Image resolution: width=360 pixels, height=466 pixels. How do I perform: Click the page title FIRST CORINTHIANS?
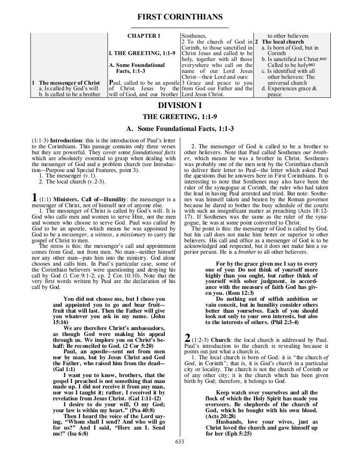click(180, 17)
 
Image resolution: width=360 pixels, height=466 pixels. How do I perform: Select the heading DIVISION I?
click(180, 105)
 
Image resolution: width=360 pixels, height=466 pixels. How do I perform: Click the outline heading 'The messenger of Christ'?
click(69, 83)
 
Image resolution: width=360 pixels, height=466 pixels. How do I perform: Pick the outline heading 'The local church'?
click(282, 42)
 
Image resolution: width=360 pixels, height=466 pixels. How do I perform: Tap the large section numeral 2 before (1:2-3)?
click(187, 338)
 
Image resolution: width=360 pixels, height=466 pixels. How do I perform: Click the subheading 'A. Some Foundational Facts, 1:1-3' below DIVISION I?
click(180, 128)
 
